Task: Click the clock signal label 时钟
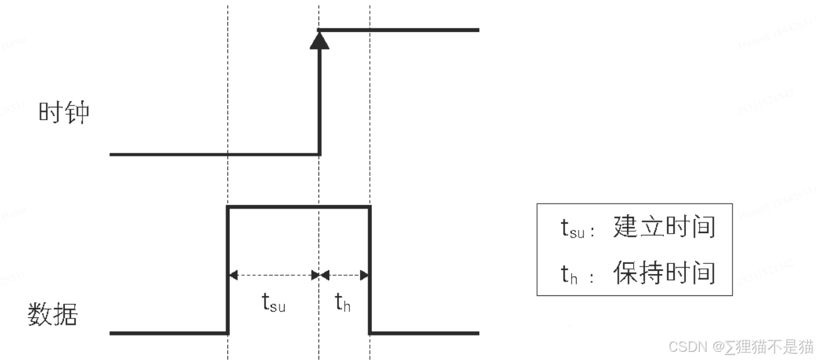[63, 113]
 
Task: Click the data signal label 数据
[52, 314]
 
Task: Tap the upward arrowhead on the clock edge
[320, 40]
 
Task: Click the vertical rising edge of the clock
[320, 101]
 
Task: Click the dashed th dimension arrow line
[344, 275]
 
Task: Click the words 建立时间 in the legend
[664, 227]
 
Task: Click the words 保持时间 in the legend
[664, 273]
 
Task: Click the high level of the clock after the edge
[402, 30]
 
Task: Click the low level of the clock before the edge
[214, 154]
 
